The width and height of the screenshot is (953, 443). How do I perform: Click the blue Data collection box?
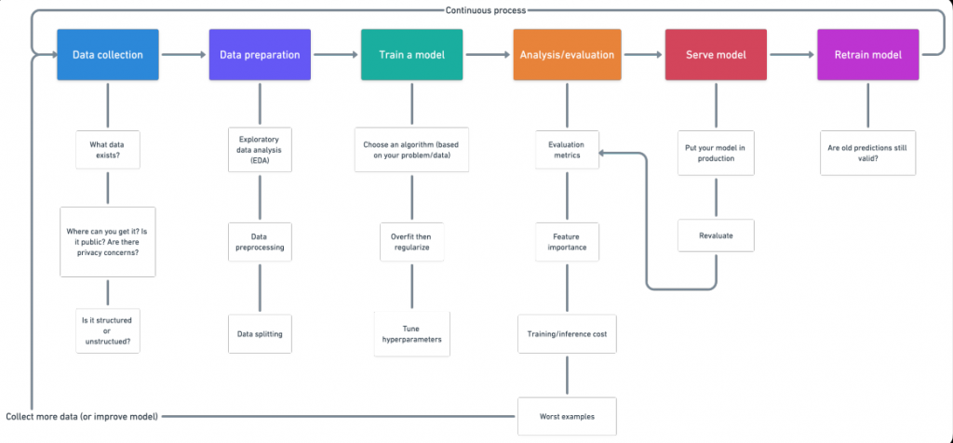click(108, 55)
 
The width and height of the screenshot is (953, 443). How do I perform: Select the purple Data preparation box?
click(260, 55)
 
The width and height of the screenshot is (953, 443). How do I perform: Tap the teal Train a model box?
click(412, 55)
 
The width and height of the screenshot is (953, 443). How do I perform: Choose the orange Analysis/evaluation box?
click(564, 55)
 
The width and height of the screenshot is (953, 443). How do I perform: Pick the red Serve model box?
click(716, 55)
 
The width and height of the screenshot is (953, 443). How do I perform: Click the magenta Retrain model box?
click(867, 55)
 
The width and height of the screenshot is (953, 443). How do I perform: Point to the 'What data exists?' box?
click(108, 149)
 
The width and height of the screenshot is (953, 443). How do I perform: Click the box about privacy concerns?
click(108, 242)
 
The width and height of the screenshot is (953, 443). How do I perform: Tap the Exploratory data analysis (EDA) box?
click(260, 149)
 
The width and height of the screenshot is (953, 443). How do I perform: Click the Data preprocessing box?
click(260, 242)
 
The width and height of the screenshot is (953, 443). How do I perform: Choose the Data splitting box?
click(260, 333)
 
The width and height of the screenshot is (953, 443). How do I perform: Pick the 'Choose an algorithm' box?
click(412, 149)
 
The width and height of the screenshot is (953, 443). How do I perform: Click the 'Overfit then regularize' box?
click(412, 242)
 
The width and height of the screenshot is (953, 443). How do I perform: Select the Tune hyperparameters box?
click(412, 334)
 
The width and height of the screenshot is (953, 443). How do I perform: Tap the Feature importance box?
click(568, 242)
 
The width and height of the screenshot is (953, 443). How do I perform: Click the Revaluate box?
click(716, 235)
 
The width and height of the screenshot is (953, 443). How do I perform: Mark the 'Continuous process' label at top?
click(485, 10)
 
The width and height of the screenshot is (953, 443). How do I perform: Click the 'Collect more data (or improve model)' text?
click(82, 415)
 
